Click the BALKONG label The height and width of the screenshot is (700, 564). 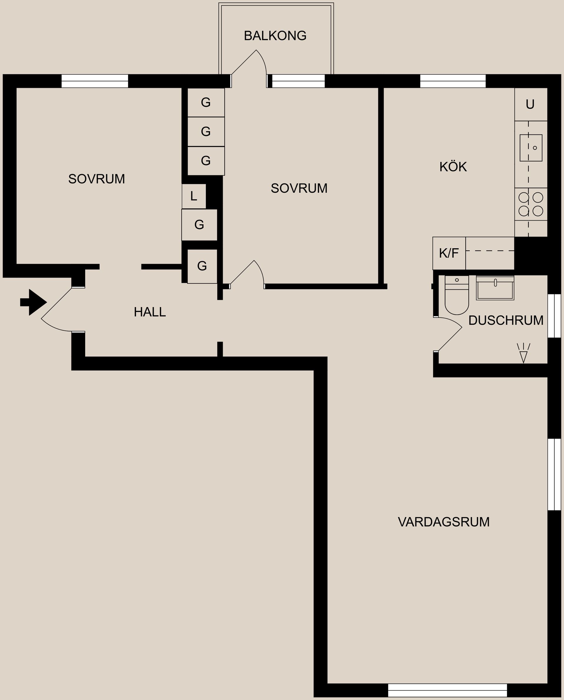coord(275,36)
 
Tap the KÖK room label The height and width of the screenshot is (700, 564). coord(453,167)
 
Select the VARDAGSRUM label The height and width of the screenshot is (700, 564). coord(444,522)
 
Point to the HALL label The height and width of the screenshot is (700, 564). coord(150,312)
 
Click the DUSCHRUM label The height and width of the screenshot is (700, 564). coord(506,320)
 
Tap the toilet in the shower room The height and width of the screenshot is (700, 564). coord(456,296)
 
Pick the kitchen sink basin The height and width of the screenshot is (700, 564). coord(531,148)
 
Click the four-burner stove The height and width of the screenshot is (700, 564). coord(531,204)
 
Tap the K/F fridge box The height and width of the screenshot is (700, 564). coord(449,254)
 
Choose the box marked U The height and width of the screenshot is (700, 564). coord(530,105)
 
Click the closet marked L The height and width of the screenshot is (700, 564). coord(194,196)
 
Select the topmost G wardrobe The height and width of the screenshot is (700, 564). coord(206,103)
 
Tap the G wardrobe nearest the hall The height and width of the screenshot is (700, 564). coord(202,266)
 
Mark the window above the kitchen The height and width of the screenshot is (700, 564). coord(453,81)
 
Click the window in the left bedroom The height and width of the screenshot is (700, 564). coord(95,81)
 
